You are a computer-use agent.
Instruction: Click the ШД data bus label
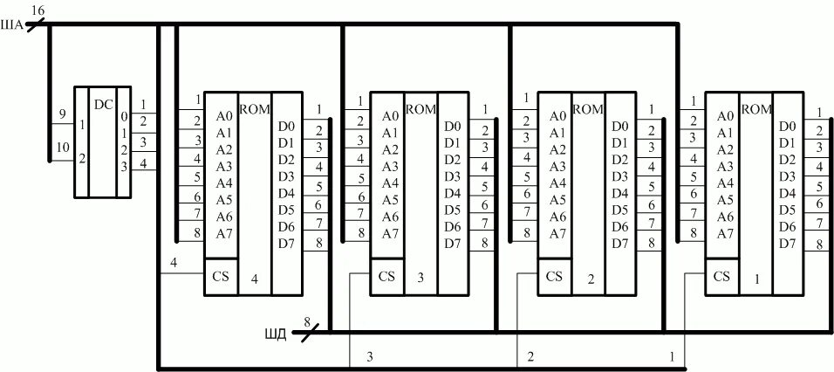point(276,333)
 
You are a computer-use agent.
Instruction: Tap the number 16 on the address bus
point(38,9)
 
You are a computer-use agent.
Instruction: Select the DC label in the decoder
point(104,105)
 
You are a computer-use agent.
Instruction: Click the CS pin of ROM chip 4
point(221,276)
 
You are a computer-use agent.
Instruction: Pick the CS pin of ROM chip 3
point(387,276)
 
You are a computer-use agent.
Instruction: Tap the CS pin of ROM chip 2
point(554,276)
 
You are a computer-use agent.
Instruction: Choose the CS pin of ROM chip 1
point(721,276)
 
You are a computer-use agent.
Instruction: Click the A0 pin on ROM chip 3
point(391,116)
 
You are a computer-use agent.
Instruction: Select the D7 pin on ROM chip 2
point(620,244)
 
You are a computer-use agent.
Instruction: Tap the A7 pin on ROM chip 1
point(724,233)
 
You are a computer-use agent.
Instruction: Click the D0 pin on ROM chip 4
point(286,127)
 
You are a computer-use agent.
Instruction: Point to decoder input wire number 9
point(61,114)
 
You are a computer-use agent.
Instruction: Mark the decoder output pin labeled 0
point(124,116)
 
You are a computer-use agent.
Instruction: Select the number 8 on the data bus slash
point(306,322)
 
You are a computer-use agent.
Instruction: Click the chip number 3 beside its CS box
point(420,279)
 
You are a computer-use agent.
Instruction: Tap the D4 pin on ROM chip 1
point(787,193)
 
